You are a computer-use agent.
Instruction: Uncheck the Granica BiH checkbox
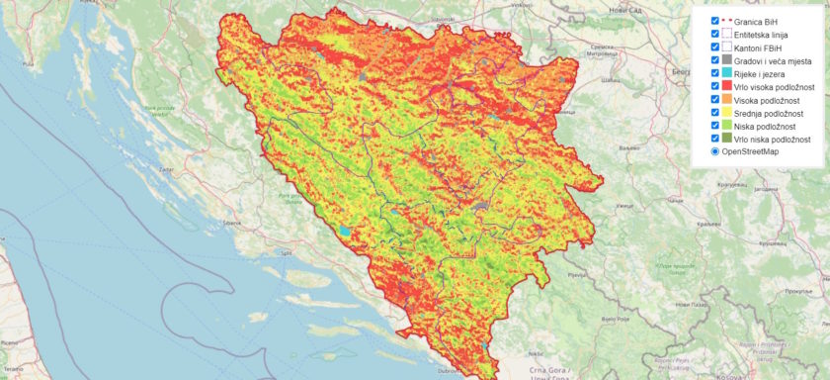714,20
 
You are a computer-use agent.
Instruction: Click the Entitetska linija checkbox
714,34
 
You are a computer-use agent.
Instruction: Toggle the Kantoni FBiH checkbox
714,47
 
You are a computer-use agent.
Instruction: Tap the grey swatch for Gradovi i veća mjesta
727,60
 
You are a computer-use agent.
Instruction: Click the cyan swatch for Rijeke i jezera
727,73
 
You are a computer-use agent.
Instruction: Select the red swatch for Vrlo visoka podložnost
727,86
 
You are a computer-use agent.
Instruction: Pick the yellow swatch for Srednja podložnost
727,113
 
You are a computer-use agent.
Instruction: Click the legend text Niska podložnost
767,126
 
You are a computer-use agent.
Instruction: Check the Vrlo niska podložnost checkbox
714,140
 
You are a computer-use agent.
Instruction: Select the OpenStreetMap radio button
714,152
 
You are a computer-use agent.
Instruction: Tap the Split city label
287,254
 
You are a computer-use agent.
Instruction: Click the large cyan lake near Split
344,231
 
